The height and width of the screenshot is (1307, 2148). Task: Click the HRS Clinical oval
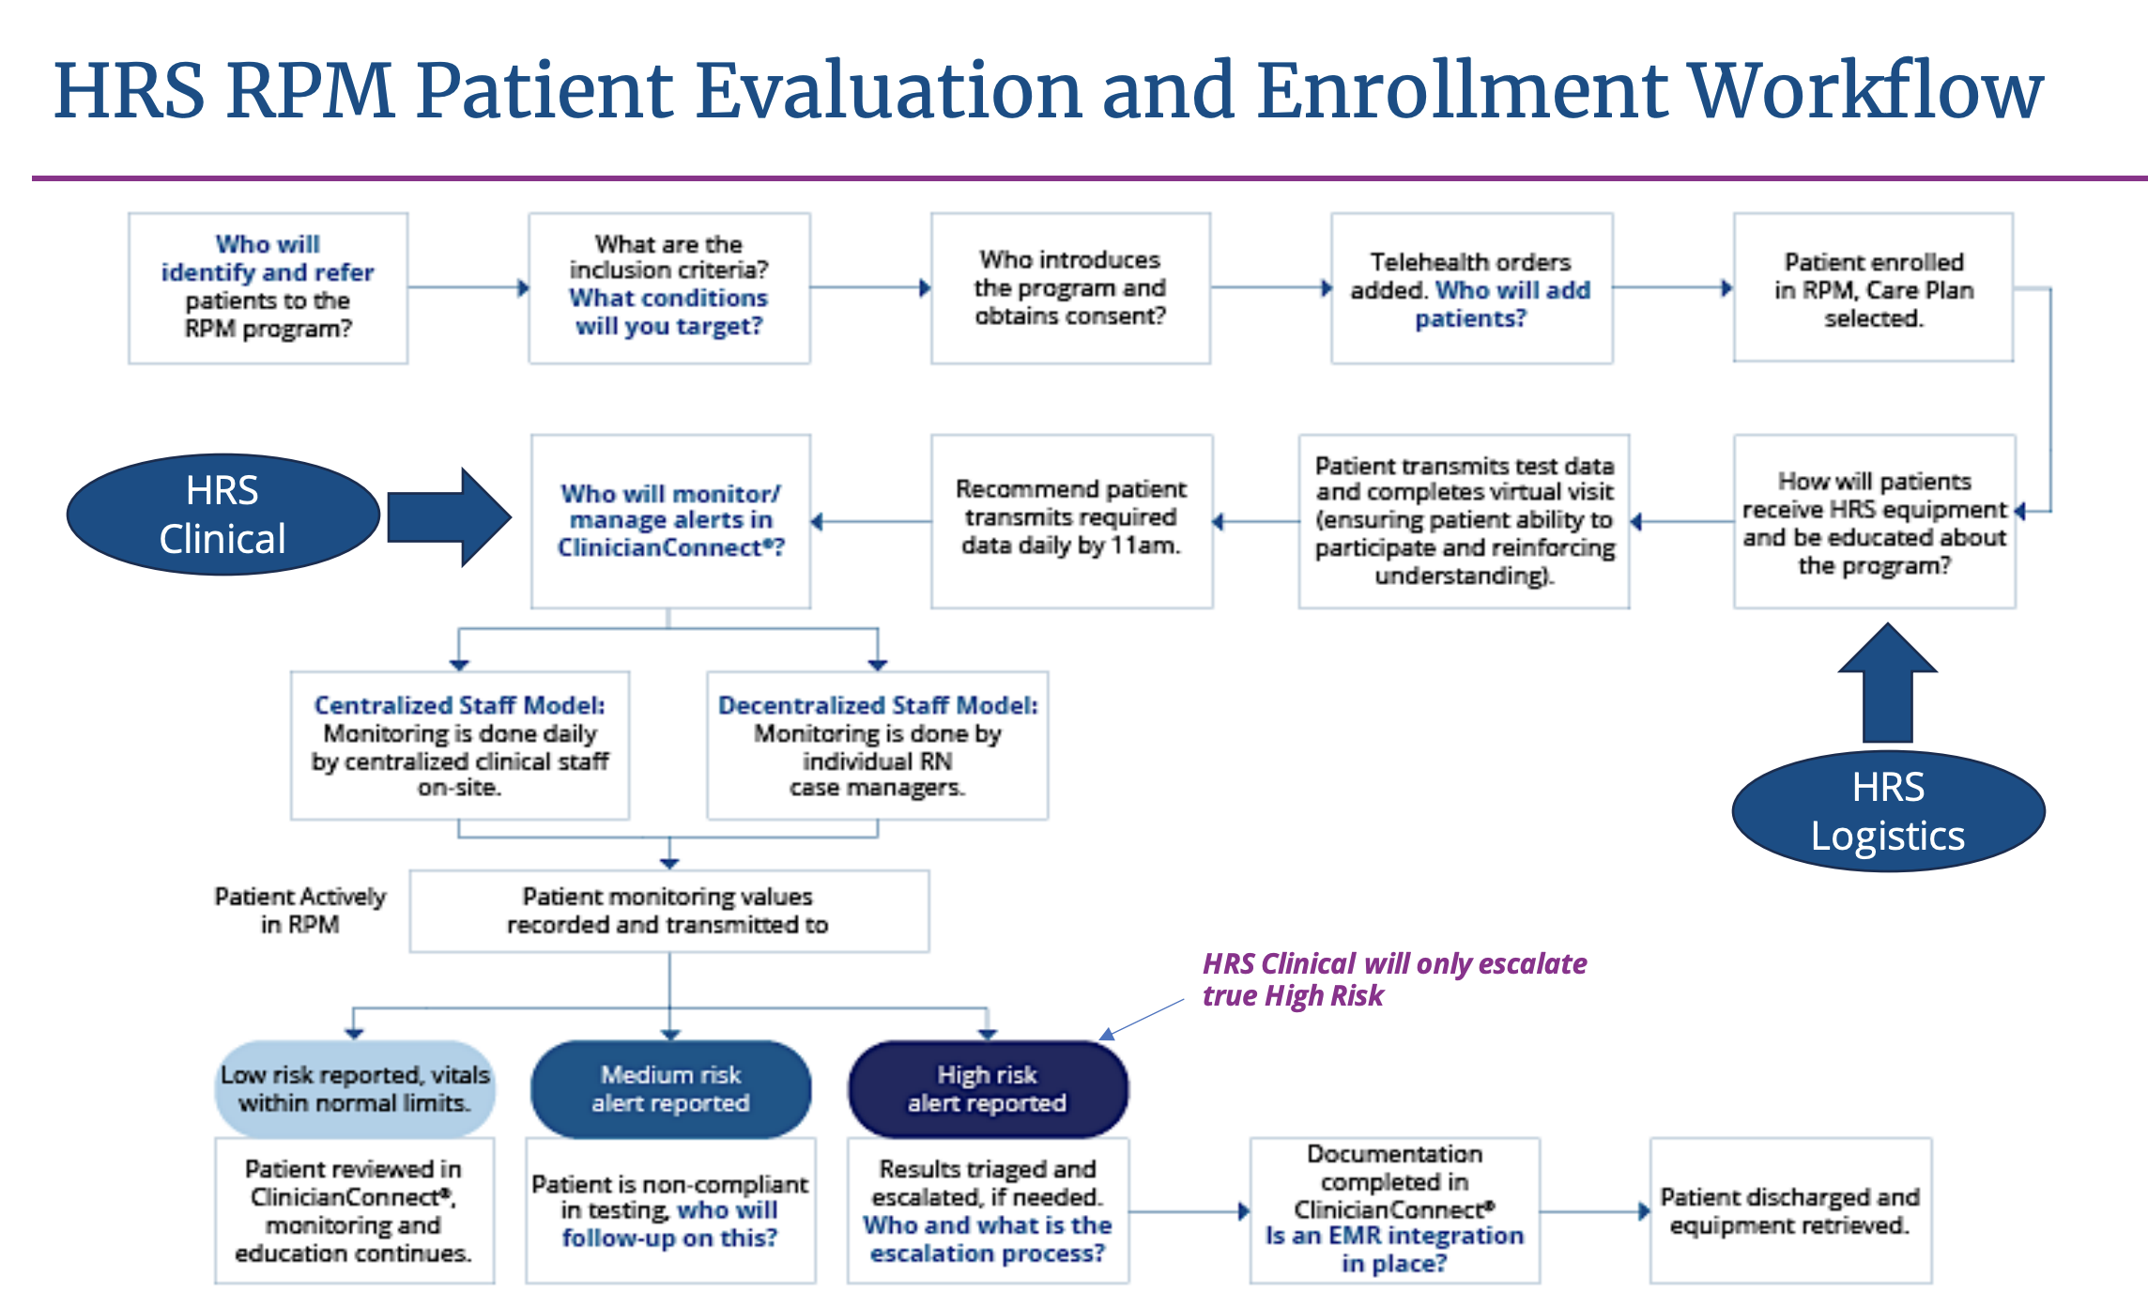coord(222,515)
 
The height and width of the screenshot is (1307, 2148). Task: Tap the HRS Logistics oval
coord(1887,811)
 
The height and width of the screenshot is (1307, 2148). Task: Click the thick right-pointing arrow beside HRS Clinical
coord(448,516)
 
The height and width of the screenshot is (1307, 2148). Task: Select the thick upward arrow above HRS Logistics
coord(1887,684)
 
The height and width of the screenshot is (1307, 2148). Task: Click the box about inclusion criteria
coord(668,286)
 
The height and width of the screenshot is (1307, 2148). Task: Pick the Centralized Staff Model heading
coord(459,705)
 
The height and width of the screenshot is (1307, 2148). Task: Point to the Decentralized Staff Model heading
coord(878,705)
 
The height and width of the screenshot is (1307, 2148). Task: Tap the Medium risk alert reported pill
coord(670,1089)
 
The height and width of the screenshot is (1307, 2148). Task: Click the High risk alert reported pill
coord(987,1089)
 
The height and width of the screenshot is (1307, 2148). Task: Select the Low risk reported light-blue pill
coord(354,1089)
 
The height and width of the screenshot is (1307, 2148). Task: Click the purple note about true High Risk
coord(1393,979)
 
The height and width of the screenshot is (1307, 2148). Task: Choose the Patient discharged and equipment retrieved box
coord(1789,1210)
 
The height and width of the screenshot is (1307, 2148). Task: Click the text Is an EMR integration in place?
coord(1394,1250)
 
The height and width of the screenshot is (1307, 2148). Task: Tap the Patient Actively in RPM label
coord(299,910)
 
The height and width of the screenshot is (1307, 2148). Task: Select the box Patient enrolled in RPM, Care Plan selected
coord(1873,288)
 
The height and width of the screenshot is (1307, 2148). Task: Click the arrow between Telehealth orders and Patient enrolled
coord(1672,288)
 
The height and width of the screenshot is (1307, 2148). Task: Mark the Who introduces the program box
coord(1070,287)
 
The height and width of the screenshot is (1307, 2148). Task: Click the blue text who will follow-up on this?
coord(670,1224)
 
